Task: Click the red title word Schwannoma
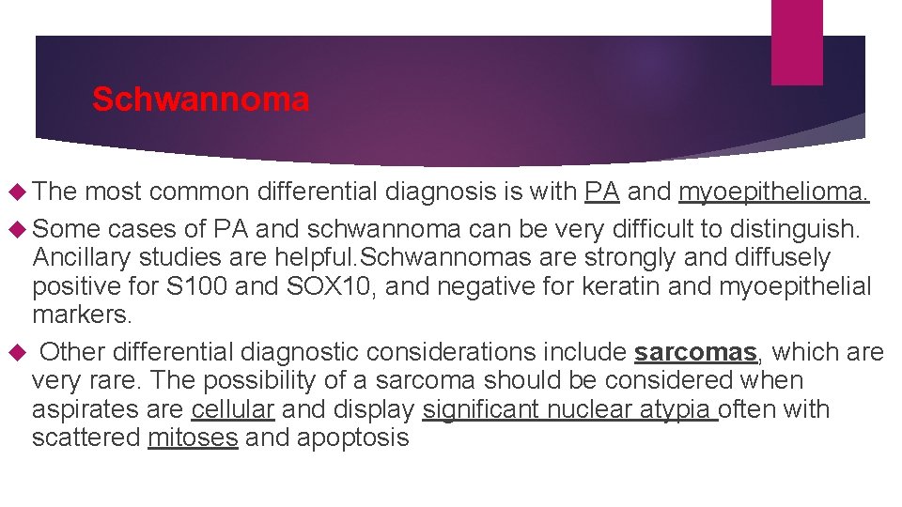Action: pos(200,100)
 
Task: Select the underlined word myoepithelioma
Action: pos(773,192)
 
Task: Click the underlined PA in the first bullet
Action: pos(601,192)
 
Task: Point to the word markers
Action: pos(82,314)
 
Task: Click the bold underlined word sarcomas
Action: pos(695,352)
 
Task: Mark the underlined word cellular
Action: pos(232,409)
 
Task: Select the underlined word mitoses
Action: pos(193,438)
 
